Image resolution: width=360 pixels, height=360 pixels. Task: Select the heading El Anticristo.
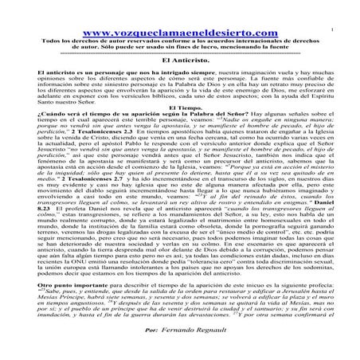(x=182, y=59)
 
